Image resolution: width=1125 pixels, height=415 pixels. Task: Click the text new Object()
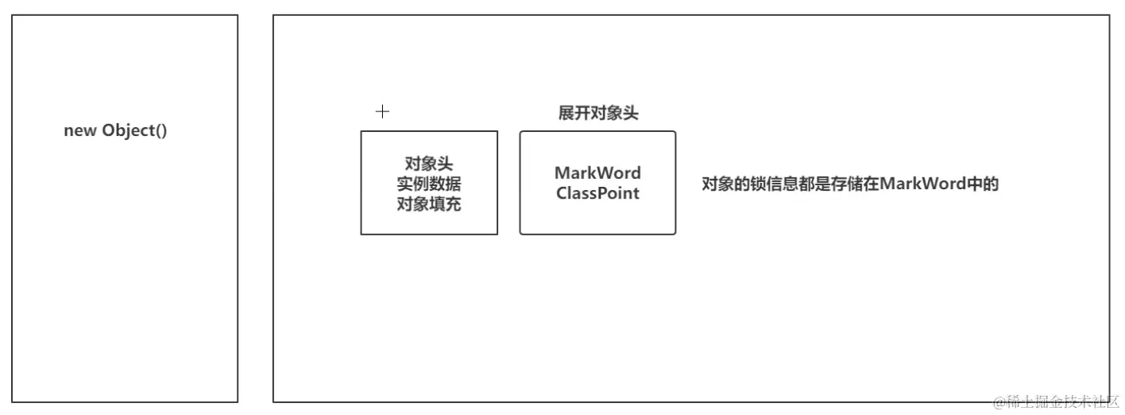pos(115,131)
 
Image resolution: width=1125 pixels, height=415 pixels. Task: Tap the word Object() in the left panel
pos(134,131)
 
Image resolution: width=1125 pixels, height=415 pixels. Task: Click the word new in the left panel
pos(79,131)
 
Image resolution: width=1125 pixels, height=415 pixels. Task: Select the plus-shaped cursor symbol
pos(382,111)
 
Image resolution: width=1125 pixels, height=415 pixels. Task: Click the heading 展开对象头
pos(598,113)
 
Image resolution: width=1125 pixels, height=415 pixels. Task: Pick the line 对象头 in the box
pos(429,165)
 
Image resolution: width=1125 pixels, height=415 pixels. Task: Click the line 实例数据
pos(429,184)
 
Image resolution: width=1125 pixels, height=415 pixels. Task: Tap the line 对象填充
pos(429,204)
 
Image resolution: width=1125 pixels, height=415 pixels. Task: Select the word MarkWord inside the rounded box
pos(597,173)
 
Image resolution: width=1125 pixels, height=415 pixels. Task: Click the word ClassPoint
pos(597,193)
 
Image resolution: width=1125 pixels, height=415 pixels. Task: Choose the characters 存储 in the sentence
pos(847,184)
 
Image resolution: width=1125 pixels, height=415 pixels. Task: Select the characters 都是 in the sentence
pos(813,184)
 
